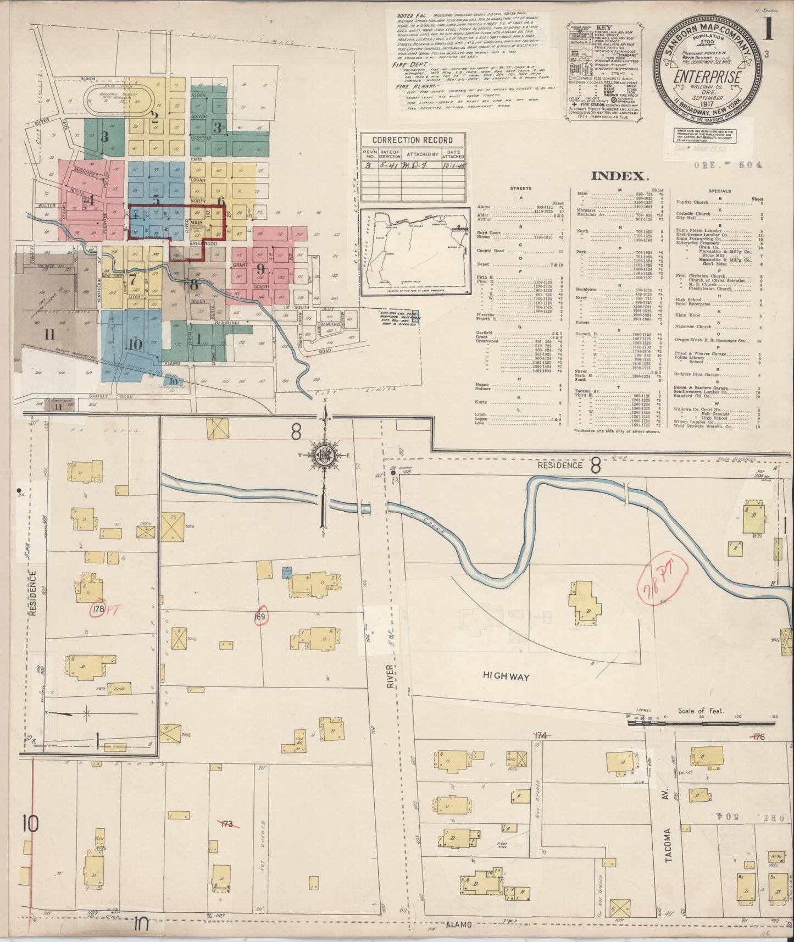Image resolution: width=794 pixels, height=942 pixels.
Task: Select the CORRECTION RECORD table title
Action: (x=412, y=140)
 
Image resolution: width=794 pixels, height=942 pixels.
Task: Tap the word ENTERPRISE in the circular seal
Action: (x=708, y=77)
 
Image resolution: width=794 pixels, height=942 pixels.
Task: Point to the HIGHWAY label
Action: (x=506, y=677)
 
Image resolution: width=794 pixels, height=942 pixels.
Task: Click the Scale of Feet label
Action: (x=701, y=711)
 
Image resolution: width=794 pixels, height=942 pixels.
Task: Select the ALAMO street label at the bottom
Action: (x=459, y=924)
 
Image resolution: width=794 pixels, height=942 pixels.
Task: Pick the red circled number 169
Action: (x=260, y=617)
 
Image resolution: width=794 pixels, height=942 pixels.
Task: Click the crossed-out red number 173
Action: (x=227, y=824)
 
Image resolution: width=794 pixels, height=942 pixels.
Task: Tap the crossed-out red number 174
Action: (x=541, y=735)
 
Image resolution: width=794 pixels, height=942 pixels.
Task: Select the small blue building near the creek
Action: (x=286, y=573)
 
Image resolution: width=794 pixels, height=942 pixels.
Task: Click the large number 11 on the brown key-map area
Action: (x=49, y=335)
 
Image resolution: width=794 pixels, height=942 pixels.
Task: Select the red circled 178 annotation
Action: (x=98, y=609)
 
